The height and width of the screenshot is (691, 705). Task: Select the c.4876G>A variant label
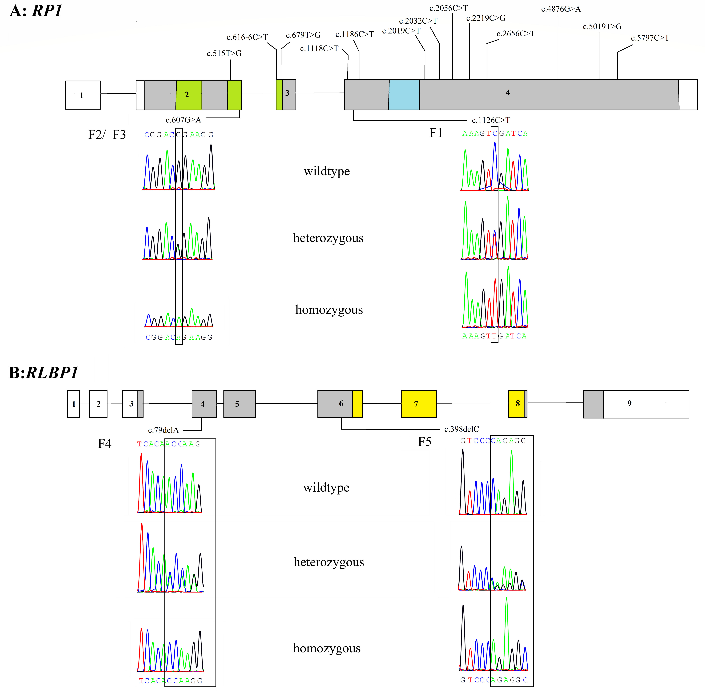(561, 9)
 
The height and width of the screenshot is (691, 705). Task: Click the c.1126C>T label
(491, 120)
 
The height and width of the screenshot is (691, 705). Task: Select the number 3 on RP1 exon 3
(287, 93)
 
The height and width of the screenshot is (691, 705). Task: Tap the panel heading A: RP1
(36, 11)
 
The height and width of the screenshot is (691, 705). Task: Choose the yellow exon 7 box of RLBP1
(419, 404)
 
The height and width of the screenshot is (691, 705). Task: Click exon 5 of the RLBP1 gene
(239, 404)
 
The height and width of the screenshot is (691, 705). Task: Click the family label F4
(105, 443)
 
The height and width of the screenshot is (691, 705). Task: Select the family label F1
(436, 133)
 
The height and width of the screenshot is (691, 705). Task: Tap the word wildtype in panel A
(327, 171)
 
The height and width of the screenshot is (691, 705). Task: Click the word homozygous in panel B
(327, 648)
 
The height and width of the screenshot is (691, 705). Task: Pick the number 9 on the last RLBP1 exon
(629, 403)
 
